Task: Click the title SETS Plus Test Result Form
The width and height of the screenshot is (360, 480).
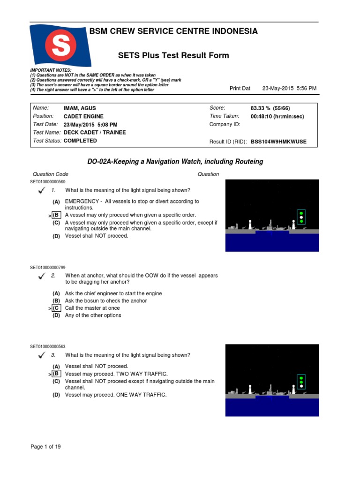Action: coord(173,55)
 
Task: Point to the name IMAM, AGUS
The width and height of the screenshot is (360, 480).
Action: coord(80,108)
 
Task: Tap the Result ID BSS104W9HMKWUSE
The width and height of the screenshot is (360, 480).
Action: coord(278,142)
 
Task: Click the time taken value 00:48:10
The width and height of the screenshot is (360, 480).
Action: coord(277,117)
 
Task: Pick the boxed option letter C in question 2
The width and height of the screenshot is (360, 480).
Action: coord(56,308)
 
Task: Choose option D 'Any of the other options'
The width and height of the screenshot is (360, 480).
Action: coord(93,315)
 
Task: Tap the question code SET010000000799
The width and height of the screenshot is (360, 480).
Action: coord(48,267)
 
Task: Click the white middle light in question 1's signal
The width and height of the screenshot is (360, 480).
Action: coord(301,217)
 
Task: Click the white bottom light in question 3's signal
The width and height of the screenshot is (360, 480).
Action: coord(301,388)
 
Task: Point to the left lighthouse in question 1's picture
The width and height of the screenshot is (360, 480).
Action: coord(250,224)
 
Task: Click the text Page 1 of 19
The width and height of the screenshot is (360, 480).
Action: coord(45,447)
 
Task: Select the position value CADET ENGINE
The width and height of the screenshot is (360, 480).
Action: coord(83,117)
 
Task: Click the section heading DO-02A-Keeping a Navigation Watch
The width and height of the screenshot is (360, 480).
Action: coord(175,162)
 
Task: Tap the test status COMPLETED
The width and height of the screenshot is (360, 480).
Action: coord(80,141)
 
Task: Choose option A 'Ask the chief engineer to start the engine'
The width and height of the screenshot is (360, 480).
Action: coord(113,293)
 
